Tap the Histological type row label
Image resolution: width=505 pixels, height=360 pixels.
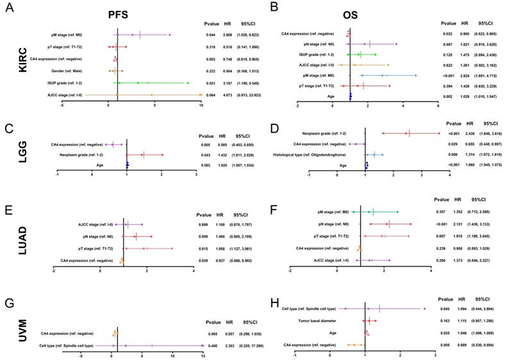(310, 154)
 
